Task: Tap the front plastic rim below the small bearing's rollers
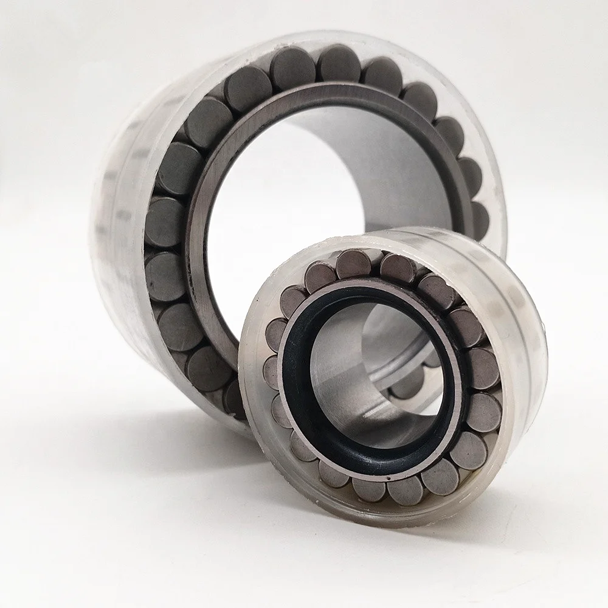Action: point(365,517)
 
